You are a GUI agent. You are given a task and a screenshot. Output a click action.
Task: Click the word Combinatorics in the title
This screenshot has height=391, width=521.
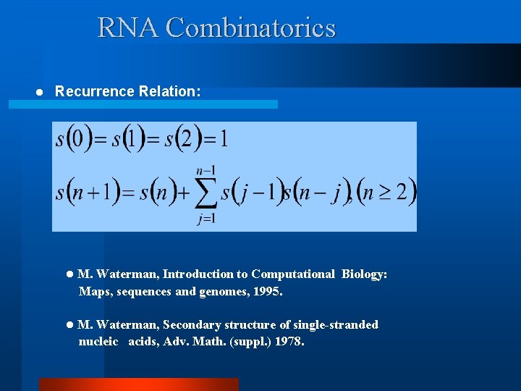tap(250, 28)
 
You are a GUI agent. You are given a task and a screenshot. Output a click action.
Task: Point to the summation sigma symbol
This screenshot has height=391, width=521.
tap(206, 193)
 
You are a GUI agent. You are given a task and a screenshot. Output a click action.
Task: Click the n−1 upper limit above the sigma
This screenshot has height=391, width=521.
tap(206, 170)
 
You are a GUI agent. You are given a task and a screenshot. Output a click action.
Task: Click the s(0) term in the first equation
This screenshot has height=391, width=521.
tap(75, 138)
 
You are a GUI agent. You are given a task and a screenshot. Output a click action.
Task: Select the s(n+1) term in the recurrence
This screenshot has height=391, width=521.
tap(88, 193)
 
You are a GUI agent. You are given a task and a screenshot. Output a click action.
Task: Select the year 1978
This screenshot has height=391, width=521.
tap(289, 341)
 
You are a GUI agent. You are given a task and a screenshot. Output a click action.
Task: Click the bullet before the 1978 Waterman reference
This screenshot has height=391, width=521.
tap(69, 325)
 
